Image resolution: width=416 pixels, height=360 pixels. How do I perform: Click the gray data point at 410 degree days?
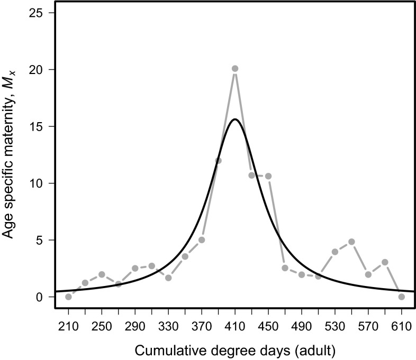(235, 69)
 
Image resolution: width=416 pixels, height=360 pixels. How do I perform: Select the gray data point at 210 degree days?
(68, 297)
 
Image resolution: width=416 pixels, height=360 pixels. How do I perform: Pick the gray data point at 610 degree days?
(402, 297)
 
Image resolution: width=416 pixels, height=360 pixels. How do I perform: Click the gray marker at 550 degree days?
(351, 242)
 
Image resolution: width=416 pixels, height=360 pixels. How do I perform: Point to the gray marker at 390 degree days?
(218, 161)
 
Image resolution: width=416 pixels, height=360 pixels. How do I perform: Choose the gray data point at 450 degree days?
(268, 176)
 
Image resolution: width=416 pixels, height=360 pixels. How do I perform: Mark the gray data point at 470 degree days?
(285, 268)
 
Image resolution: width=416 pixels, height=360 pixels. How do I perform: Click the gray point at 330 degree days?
(168, 278)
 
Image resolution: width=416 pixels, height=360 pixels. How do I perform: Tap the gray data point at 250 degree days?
(102, 274)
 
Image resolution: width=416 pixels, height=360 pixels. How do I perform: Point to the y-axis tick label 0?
(41, 297)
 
